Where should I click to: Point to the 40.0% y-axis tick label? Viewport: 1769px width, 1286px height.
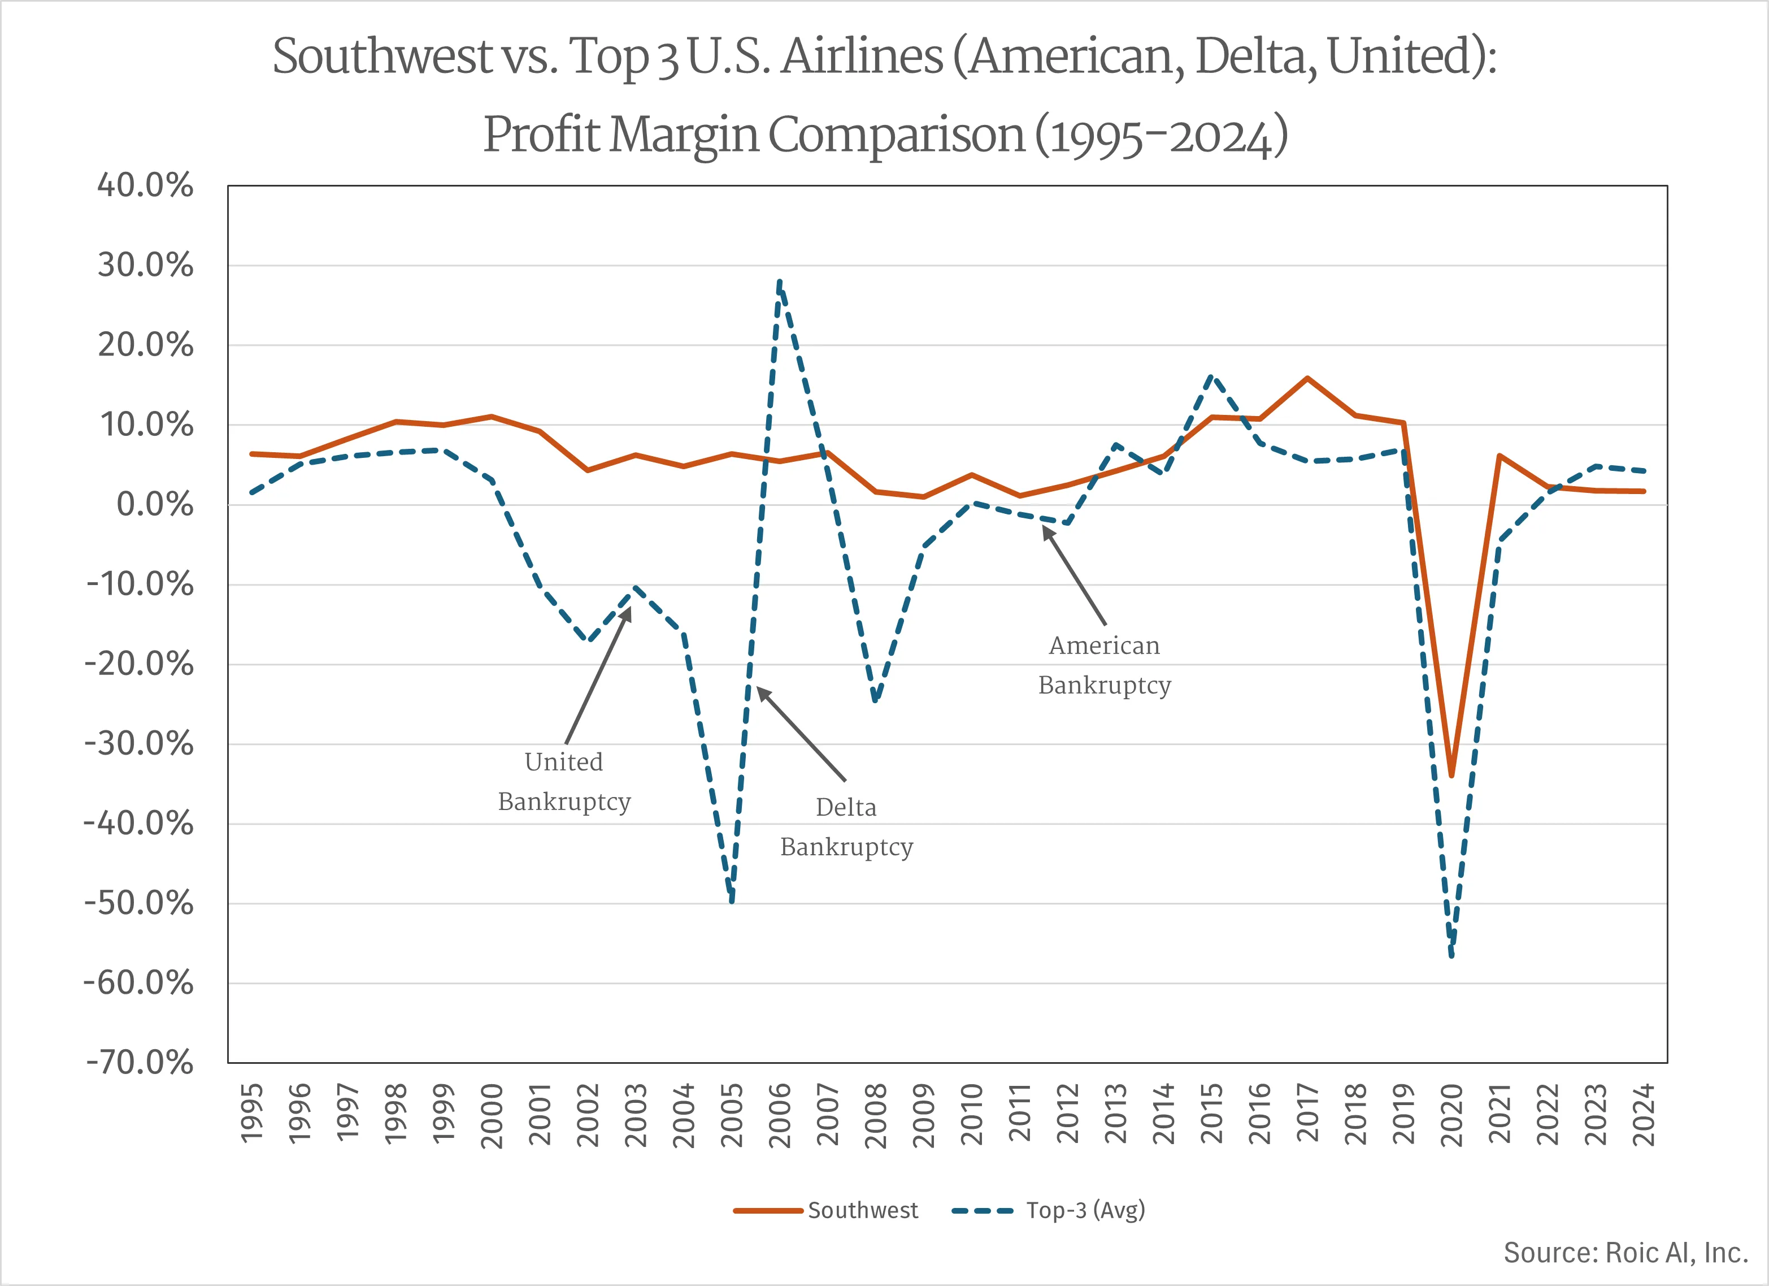[145, 186]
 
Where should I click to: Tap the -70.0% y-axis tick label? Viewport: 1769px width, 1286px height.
[140, 1063]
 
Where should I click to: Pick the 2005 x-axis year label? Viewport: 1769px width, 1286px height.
[732, 1115]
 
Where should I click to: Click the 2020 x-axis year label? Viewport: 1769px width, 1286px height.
[1451, 1115]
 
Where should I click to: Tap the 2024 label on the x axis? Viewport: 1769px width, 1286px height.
[1644, 1115]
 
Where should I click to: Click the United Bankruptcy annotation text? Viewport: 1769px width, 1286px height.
[564, 781]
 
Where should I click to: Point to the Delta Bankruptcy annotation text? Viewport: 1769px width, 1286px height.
[846, 826]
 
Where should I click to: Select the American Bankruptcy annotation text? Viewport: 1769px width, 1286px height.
[1105, 665]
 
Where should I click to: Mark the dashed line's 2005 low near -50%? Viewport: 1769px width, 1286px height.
[732, 901]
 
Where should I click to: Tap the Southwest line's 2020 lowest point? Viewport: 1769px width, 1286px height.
[1451, 776]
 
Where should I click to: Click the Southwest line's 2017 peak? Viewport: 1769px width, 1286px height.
[1307, 379]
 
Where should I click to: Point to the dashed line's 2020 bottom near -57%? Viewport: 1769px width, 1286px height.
[1451, 955]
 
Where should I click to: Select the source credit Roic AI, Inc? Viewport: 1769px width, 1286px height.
[1625, 1253]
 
